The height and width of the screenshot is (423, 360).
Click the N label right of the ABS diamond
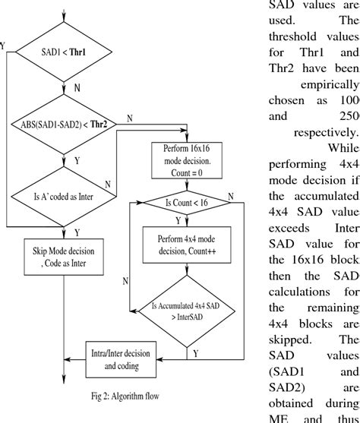(130, 118)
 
